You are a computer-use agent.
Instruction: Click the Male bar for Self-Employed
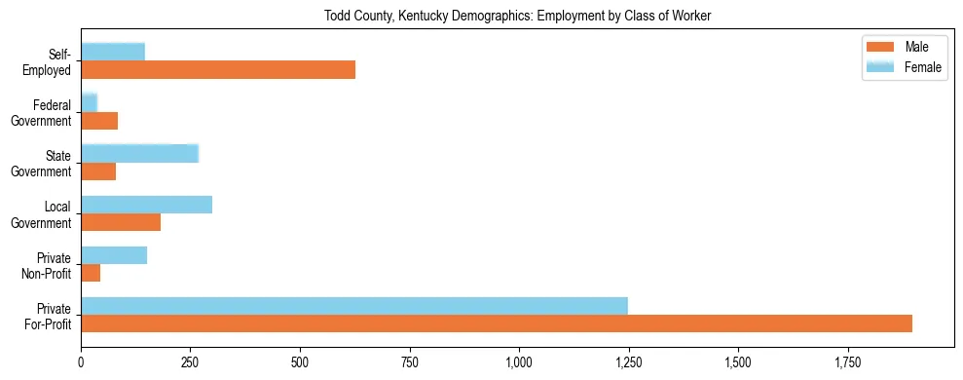(218, 70)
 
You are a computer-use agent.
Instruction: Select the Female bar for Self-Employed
(113, 52)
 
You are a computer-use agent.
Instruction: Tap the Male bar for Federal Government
(99, 121)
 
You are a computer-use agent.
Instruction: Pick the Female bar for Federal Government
(90, 102)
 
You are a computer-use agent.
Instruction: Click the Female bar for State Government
(139, 153)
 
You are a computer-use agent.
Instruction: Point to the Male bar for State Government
(98, 171)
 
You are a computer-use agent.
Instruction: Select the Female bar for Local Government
(146, 205)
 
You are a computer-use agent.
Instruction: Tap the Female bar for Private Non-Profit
(114, 255)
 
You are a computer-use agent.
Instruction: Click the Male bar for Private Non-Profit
(91, 273)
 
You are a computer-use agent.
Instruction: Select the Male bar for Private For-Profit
(497, 323)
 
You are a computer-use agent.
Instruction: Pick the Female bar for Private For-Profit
(354, 306)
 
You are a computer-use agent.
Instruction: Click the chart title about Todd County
(518, 16)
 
